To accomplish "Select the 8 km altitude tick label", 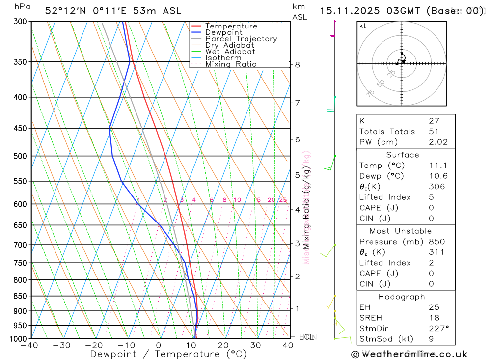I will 298,64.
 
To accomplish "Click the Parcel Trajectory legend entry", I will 241,39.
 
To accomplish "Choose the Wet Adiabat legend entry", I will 230,52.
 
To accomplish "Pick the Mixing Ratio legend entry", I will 231,64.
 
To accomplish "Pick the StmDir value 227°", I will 438,329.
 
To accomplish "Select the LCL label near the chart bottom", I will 307,337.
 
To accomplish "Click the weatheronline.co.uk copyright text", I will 409,354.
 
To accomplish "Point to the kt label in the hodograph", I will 363,26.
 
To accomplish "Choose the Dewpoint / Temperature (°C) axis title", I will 168,354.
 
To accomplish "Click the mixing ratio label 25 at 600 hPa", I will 283,200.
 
